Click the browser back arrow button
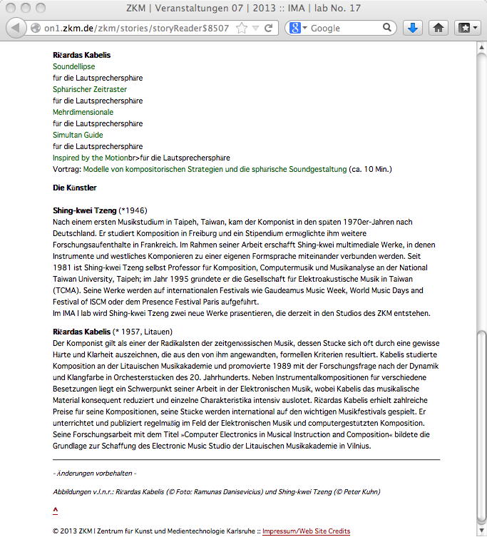point(14,29)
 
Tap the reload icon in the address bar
point(268,29)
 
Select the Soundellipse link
point(73,66)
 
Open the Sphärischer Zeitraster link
point(90,89)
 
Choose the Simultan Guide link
point(78,135)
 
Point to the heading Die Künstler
point(74,188)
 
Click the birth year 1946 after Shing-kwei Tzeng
point(134,211)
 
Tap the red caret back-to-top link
point(56,509)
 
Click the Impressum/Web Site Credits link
point(306,531)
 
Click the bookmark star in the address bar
point(242,29)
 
